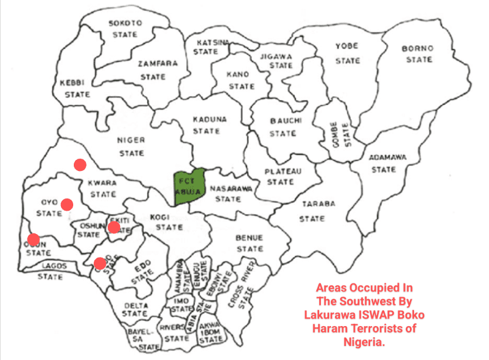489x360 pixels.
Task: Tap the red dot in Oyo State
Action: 67,204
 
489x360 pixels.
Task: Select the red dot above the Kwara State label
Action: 80,165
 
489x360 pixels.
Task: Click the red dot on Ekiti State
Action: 114,227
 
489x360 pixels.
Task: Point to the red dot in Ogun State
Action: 33,239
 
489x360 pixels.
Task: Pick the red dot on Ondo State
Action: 100,263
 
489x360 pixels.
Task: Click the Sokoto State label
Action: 125,29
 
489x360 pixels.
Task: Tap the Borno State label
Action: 418,54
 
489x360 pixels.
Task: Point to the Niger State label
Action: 131,146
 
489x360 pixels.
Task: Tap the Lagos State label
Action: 53,271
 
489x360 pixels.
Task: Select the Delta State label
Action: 136,310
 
